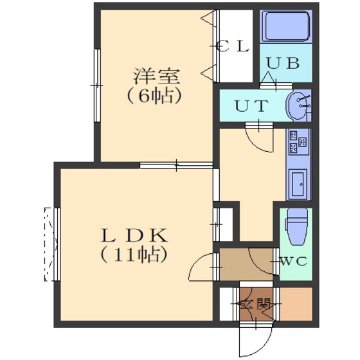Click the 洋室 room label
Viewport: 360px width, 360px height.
156,76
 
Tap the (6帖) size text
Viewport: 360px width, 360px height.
154,95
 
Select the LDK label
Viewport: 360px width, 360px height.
134,235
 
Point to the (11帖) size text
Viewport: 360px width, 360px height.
133,255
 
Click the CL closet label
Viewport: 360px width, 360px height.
233,46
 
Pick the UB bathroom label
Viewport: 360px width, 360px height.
283,62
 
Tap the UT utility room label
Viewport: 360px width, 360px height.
251,105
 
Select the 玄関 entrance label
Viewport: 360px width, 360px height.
255,305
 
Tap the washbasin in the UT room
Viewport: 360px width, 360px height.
298,105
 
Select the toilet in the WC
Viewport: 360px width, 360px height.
296,226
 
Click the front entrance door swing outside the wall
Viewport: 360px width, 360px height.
255,341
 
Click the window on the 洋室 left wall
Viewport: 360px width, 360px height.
97,85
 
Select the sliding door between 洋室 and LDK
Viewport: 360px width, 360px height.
176,165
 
